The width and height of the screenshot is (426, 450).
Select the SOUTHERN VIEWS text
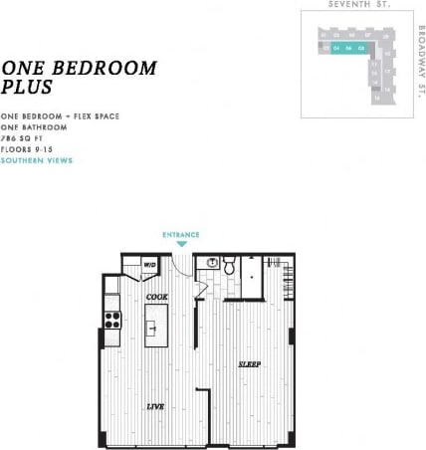point(37,159)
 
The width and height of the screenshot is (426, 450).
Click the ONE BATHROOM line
point(35,127)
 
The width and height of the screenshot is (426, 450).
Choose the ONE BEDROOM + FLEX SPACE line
point(61,116)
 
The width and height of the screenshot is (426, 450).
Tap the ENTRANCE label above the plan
point(181,235)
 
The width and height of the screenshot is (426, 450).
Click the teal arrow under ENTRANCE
point(181,244)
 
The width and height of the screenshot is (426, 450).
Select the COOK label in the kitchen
point(156,297)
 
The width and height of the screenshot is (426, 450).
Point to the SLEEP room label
point(249,364)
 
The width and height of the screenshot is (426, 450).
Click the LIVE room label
point(156,406)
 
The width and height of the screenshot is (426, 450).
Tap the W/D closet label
point(149,265)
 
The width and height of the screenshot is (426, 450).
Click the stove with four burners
point(112,320)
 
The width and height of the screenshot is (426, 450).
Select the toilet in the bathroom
point(229,266)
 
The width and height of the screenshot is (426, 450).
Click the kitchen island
point(156,326)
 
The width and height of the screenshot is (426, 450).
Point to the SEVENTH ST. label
point(358,5)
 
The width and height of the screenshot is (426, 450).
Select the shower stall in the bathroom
point(253,278)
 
